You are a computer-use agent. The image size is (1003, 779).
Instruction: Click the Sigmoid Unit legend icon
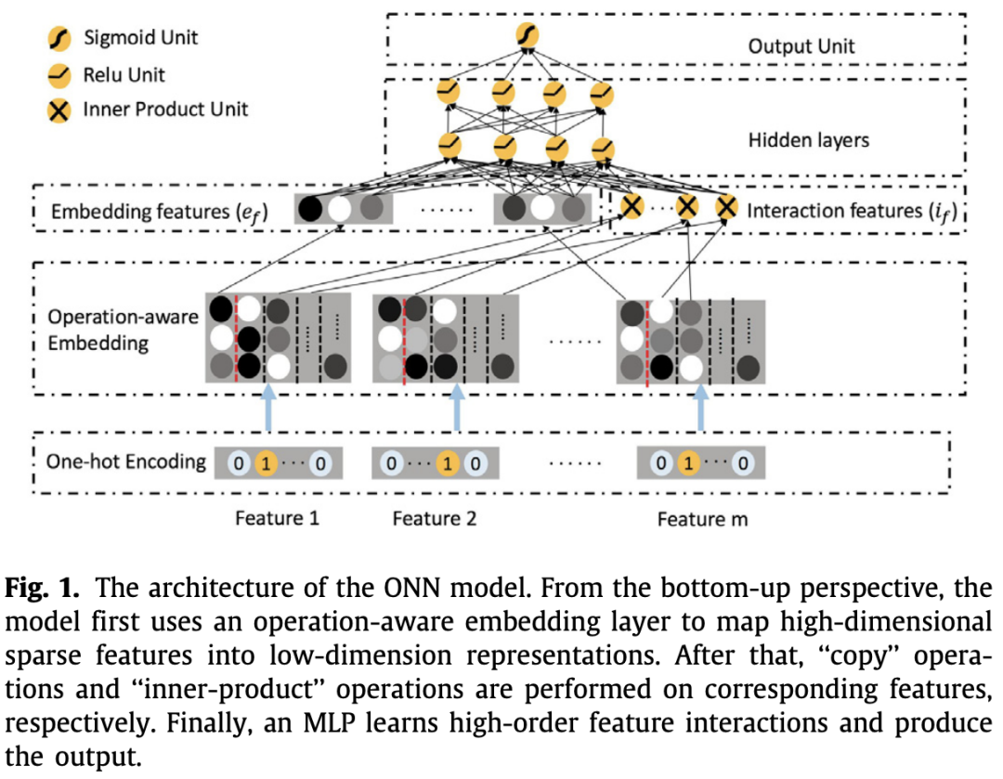point(60,39)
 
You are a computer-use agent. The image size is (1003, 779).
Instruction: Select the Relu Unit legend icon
point(60,74)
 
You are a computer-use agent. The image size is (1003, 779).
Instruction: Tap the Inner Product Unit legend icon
point(60,110)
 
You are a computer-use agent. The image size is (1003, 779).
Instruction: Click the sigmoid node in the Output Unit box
point(528,36)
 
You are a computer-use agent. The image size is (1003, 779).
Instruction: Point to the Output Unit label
point(801,45)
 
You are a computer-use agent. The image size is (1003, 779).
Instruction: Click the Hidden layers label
point(808,140)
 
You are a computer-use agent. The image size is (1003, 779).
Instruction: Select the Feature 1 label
point(277,518)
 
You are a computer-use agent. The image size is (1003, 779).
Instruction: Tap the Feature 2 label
point(434,518)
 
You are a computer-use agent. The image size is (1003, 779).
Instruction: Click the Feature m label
point(701,518)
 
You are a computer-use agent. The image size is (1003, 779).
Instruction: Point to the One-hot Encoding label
point(125,461)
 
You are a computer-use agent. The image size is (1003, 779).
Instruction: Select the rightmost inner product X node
point(726,208)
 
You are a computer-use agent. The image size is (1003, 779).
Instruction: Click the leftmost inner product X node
point(632,208)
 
